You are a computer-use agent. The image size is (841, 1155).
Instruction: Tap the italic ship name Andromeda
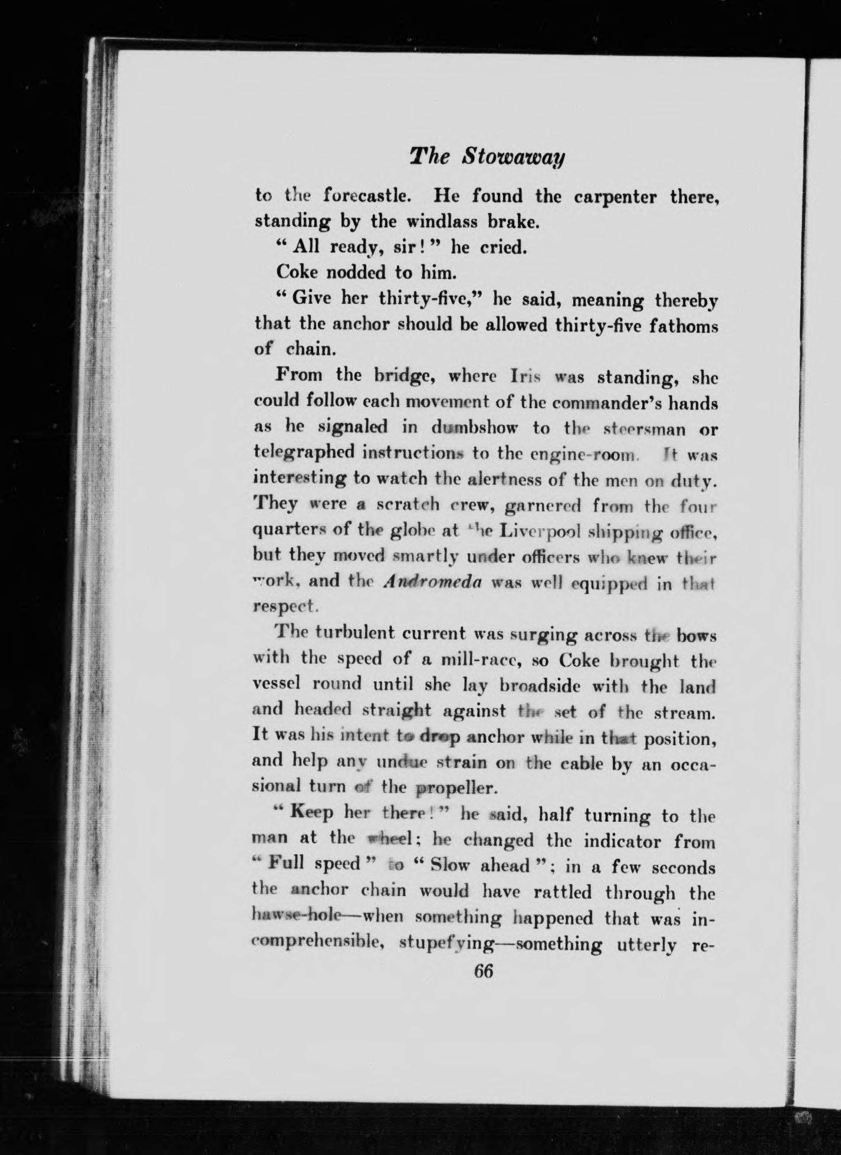(432, 582)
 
